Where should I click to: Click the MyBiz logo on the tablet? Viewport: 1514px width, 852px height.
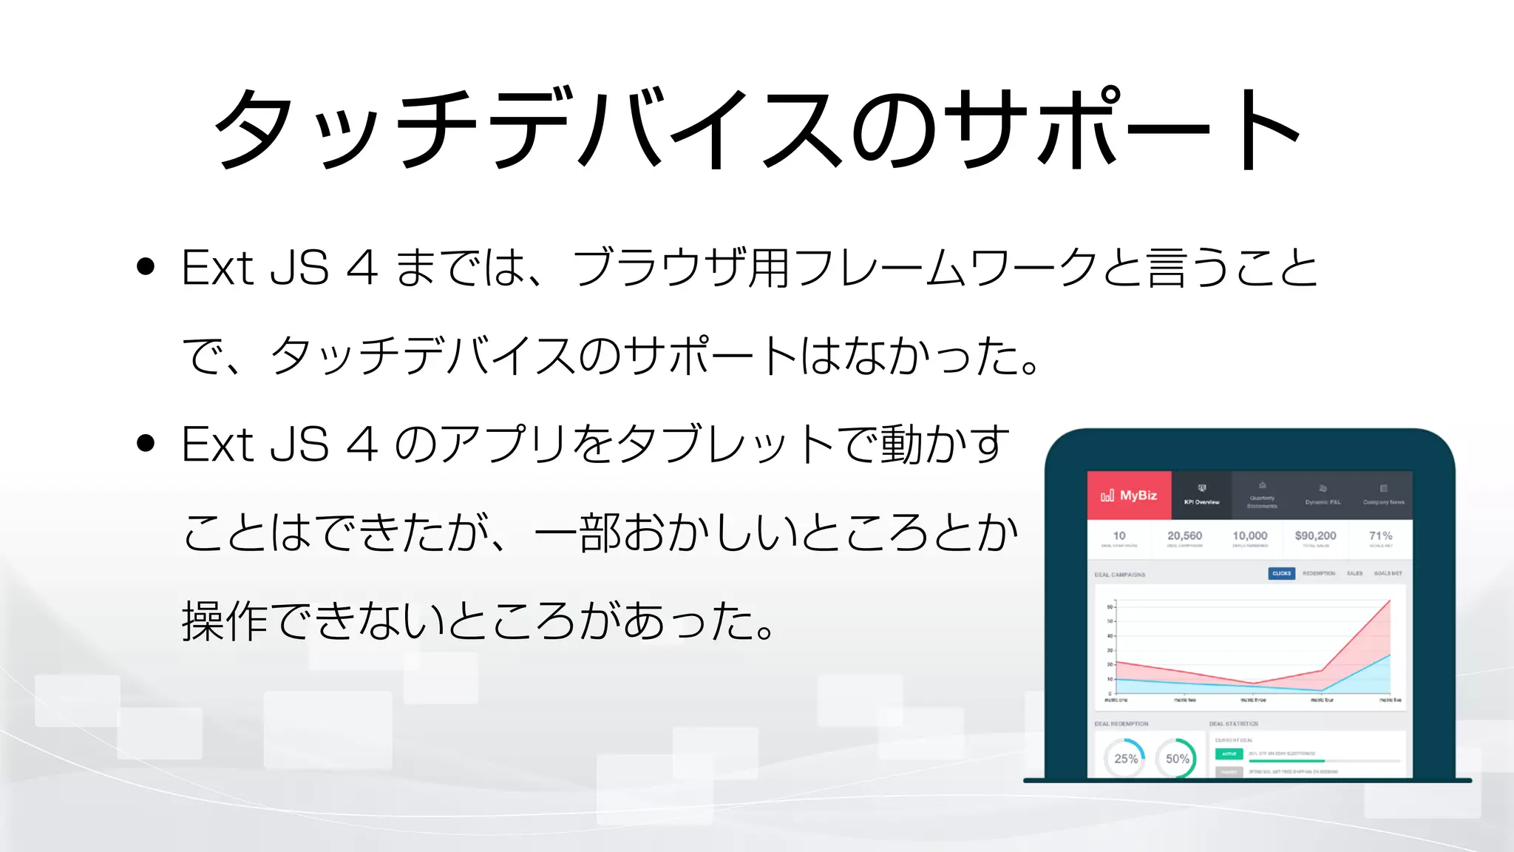(x=1129, y=496)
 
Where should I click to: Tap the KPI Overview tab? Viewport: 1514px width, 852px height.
(x=1201, y=496)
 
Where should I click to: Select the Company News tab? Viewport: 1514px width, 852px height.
(x=1383, y=496)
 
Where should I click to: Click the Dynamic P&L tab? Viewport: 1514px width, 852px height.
(x=1323, y=496)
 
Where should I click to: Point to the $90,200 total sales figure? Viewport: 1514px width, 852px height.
(x=1315, y=536)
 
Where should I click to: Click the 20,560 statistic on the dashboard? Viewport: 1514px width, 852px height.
(x=1184, y=536)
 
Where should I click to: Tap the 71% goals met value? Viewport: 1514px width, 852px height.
(x=1380, y=536)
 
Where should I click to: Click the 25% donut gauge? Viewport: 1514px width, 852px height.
(x=1125, y=759)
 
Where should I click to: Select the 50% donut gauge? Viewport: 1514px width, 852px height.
(x=1177, y=759)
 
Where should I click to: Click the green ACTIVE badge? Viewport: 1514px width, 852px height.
(x=1229, y=754)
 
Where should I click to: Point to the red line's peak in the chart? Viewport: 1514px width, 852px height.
(x=1390, y=601)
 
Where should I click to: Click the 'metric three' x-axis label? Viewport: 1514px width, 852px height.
(x=1253, y=700)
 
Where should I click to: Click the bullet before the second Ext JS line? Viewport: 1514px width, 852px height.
(x=146, y=443)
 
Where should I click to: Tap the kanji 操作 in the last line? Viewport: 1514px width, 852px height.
(x=224, y=621)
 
